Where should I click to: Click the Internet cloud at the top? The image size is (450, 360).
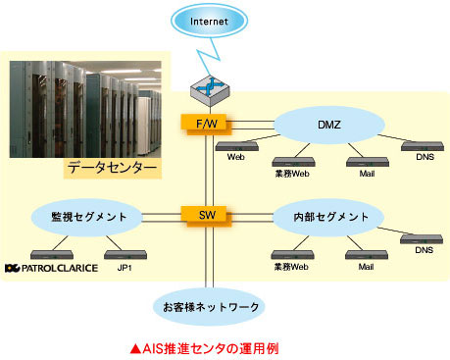click(209, 21)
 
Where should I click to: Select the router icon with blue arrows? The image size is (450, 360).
click(210, 90)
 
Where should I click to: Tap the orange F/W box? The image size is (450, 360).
click(206, 125)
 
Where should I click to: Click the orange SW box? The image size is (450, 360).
click(206, 216)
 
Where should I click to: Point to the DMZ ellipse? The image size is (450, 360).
click(329, 125)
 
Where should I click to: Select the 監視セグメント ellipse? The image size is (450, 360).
click(87, 217)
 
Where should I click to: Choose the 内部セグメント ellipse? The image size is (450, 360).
click(329, 217)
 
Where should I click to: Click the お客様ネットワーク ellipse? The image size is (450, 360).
click(209, 307)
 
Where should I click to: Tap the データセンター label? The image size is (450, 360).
click(112, 168)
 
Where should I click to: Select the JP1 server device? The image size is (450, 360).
click(125, 255)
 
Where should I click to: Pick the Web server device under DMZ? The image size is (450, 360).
click(237, 146)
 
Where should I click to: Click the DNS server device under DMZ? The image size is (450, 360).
click(423, 146)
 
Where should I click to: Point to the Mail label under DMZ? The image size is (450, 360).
click(367, 174)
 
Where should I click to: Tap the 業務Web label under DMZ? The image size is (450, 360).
click(292, 174)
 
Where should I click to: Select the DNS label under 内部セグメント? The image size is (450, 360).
click(425, 250)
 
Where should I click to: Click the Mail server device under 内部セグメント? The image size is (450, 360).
click(367, 255)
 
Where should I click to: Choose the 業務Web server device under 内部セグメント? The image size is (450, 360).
click(293, 255)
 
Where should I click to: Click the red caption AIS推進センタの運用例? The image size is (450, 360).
click(205, 348)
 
